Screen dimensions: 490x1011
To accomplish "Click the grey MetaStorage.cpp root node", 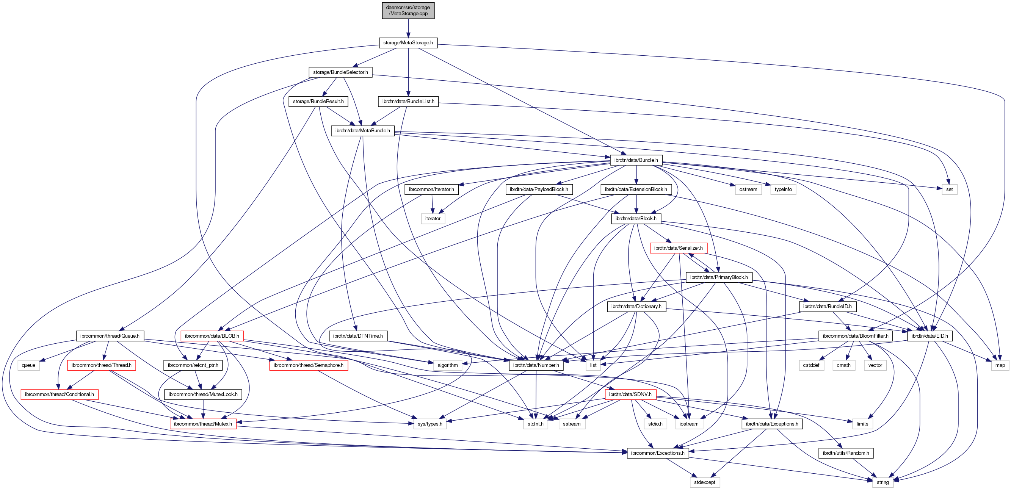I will [408, 11].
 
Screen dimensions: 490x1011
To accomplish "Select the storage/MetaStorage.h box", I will [408, 43].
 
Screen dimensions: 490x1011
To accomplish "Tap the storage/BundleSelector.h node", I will [340, 72].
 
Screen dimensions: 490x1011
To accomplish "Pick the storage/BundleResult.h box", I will [318, 102].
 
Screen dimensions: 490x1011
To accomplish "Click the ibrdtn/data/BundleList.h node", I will [408, 102].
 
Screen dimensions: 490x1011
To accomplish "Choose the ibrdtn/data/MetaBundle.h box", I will [362, 131].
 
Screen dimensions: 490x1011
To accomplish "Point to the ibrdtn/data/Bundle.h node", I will [636, 160].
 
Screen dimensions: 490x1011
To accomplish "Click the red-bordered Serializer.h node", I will [678, 248].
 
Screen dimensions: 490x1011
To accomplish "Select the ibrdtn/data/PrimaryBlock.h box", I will [719, 277].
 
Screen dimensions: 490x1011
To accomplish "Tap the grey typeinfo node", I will [783, 189].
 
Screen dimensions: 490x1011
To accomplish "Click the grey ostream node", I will [748, 189].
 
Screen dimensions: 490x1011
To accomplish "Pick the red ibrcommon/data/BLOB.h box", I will [212, 336].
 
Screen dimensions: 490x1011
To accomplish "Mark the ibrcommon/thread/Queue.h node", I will [110, 336].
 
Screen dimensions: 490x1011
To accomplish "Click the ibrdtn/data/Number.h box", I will [536, 365].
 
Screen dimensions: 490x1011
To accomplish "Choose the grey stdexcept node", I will [704, 482].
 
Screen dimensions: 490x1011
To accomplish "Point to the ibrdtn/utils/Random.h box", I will [846, 453].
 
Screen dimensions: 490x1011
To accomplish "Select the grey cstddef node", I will [811, 365].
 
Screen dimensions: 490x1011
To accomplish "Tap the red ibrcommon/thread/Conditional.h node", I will [59, 395].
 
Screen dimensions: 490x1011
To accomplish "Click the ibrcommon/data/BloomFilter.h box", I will [855, 336].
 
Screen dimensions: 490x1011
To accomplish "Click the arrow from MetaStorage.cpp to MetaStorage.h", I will [408, 28].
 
